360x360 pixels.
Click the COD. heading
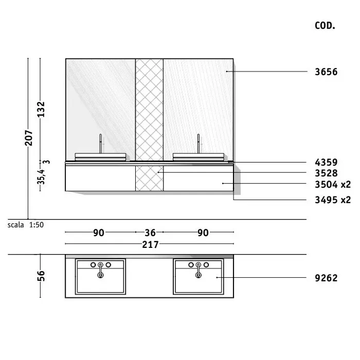tap(325, 26)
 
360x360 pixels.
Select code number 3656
tap(326, 72)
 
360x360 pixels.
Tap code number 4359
tap(326, 163)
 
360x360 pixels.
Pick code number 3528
tap(326, 173)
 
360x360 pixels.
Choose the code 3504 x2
tap(333, 184)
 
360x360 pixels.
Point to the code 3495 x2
tap(333, 200)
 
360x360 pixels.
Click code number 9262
tap(326, 278)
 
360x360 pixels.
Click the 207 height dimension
tap(29, 138)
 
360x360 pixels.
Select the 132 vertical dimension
tap(41, 109)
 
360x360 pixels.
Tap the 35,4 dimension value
tap(41, 177)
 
